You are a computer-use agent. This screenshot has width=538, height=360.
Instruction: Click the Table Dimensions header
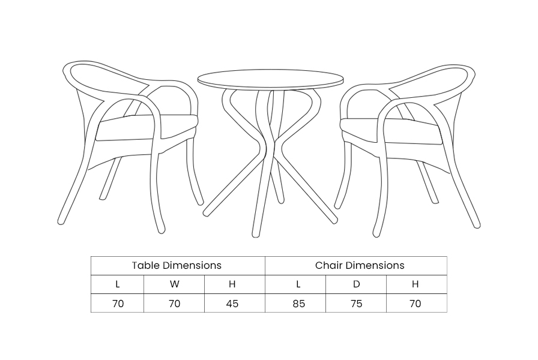point(177,265)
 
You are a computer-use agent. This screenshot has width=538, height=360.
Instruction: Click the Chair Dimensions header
point(360,265)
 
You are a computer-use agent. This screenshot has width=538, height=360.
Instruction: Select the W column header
point(174,284)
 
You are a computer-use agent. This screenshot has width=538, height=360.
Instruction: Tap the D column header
point(357,284)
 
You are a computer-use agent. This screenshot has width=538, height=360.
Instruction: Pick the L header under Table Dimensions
point(118,284)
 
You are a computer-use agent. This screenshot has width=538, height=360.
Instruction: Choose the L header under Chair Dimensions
point(298,284)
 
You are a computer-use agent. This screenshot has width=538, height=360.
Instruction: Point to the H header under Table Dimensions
point(232,284)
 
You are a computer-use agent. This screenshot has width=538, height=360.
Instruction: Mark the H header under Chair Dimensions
point(415,284)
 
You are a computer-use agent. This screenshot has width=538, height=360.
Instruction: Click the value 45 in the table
point(232,304)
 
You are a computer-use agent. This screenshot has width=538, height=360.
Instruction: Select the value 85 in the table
point(299,304)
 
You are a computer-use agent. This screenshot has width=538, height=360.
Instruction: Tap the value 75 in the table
point(357,304)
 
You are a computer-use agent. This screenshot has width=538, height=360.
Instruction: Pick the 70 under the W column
point(175,304)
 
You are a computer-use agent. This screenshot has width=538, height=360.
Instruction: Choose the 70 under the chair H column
point(415,304)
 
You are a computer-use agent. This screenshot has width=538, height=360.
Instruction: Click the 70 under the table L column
point(118,304)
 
